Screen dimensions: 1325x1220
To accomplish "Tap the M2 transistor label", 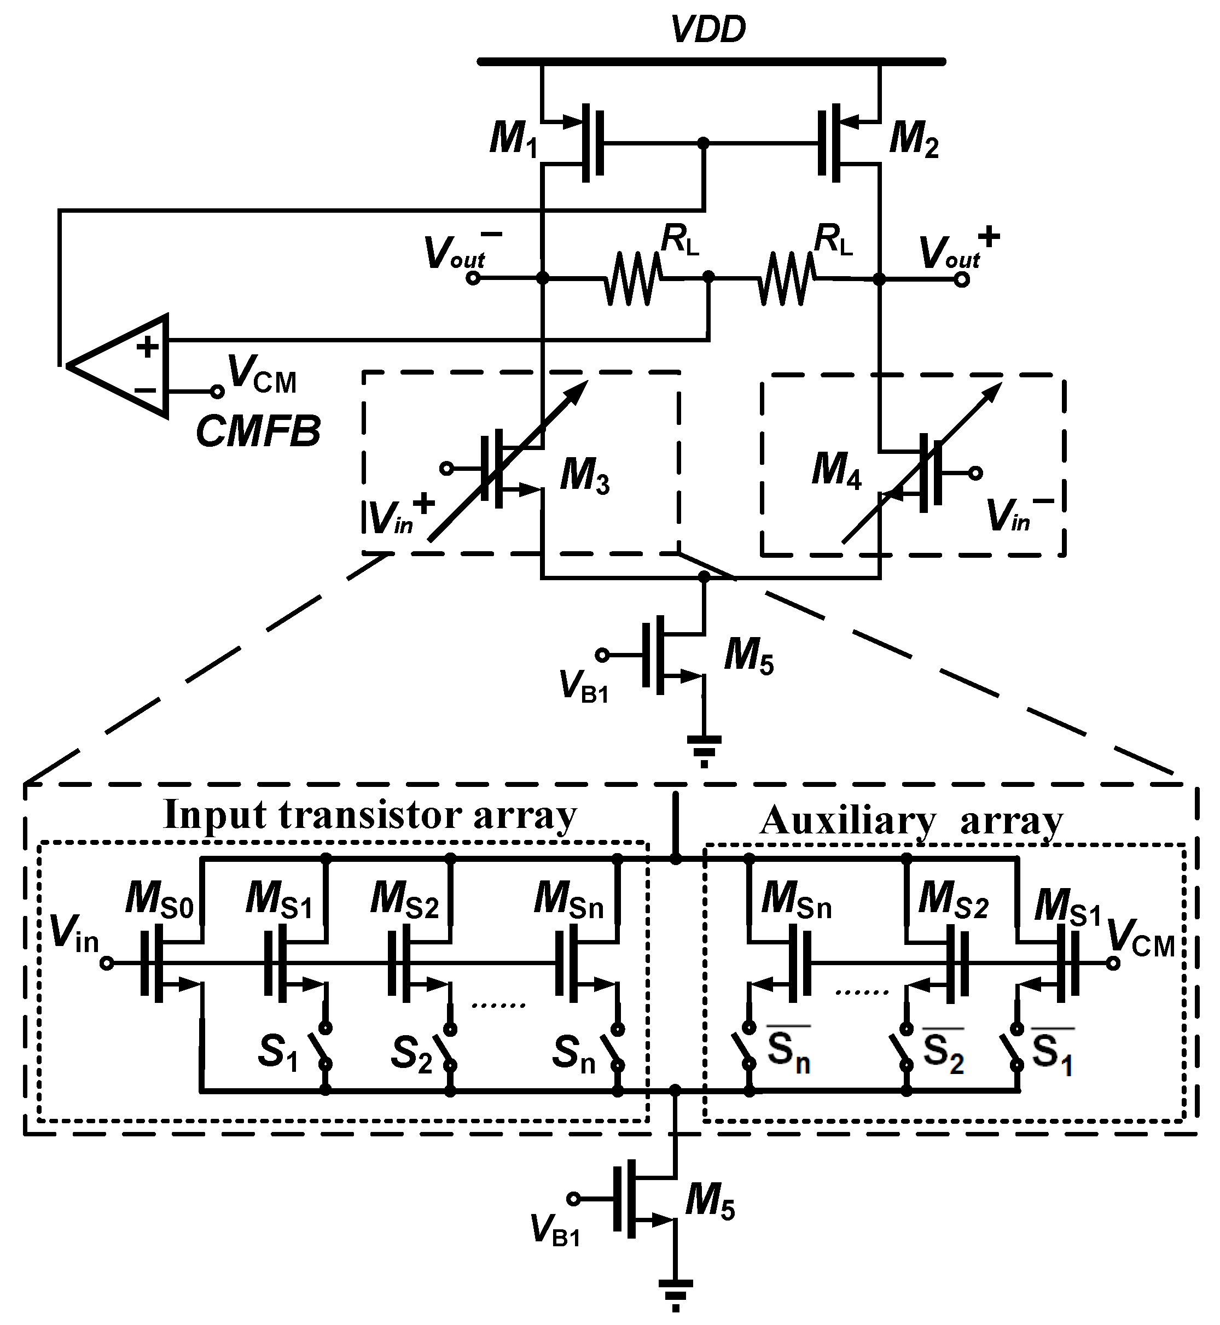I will tap(914, 140).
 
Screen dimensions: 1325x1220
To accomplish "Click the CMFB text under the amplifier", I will tap(258, 432).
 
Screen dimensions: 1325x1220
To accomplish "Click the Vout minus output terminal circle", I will tap(473, 278).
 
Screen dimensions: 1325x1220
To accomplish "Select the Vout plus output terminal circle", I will tap(962, 280).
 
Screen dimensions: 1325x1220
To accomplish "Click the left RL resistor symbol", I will tap(632, 278).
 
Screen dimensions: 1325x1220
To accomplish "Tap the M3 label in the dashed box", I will tap(584, 476).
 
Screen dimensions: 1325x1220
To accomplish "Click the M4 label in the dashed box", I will tap(836, 472).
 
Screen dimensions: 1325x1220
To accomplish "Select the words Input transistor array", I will tap(370, 815).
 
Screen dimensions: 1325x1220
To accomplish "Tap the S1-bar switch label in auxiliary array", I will tap(1051, 1053).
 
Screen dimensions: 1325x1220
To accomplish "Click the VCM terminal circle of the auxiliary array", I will tap(1113, 964).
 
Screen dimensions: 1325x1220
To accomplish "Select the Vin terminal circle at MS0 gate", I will tap(106, 964).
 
